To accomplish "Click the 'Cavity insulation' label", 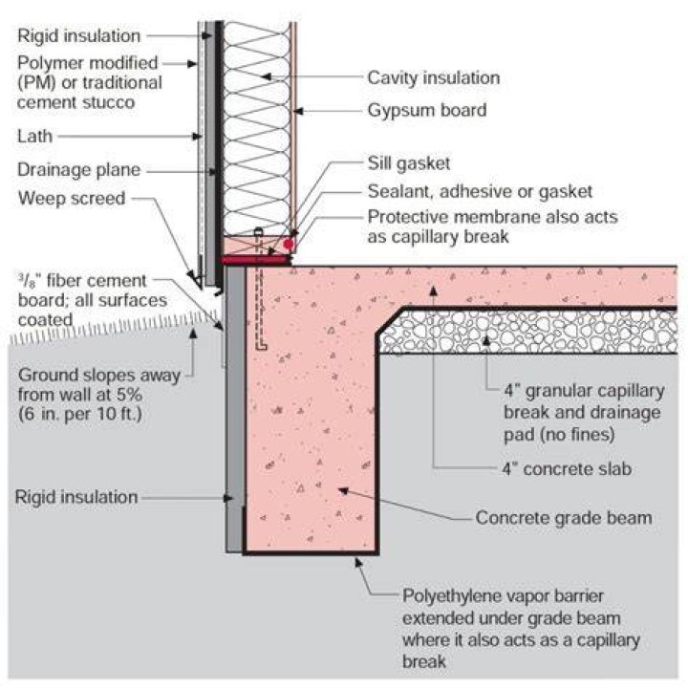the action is tap(433, 78).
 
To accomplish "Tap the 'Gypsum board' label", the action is tap(427, 110).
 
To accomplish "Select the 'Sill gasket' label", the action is tap(409, 163).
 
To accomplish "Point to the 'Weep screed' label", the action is tap(72, 199).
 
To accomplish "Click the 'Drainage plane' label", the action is tap(78, 170).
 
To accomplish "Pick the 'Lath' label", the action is tap(34, 136).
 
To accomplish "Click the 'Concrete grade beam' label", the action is tap(564, 518).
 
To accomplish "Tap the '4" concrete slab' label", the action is tap(567, 469).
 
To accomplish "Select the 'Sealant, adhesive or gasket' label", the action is tap(480, 191).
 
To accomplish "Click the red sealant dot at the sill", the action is tap(289, 245).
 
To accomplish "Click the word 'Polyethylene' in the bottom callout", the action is tap(447, 597).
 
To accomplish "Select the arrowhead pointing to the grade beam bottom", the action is tap(358, 562).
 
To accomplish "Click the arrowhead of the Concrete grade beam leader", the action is tap(343, 489).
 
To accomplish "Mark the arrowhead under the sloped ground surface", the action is tap(193, 333).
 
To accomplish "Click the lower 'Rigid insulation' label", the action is tap(76, 497).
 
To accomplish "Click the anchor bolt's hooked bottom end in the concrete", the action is tap(261, 347).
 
